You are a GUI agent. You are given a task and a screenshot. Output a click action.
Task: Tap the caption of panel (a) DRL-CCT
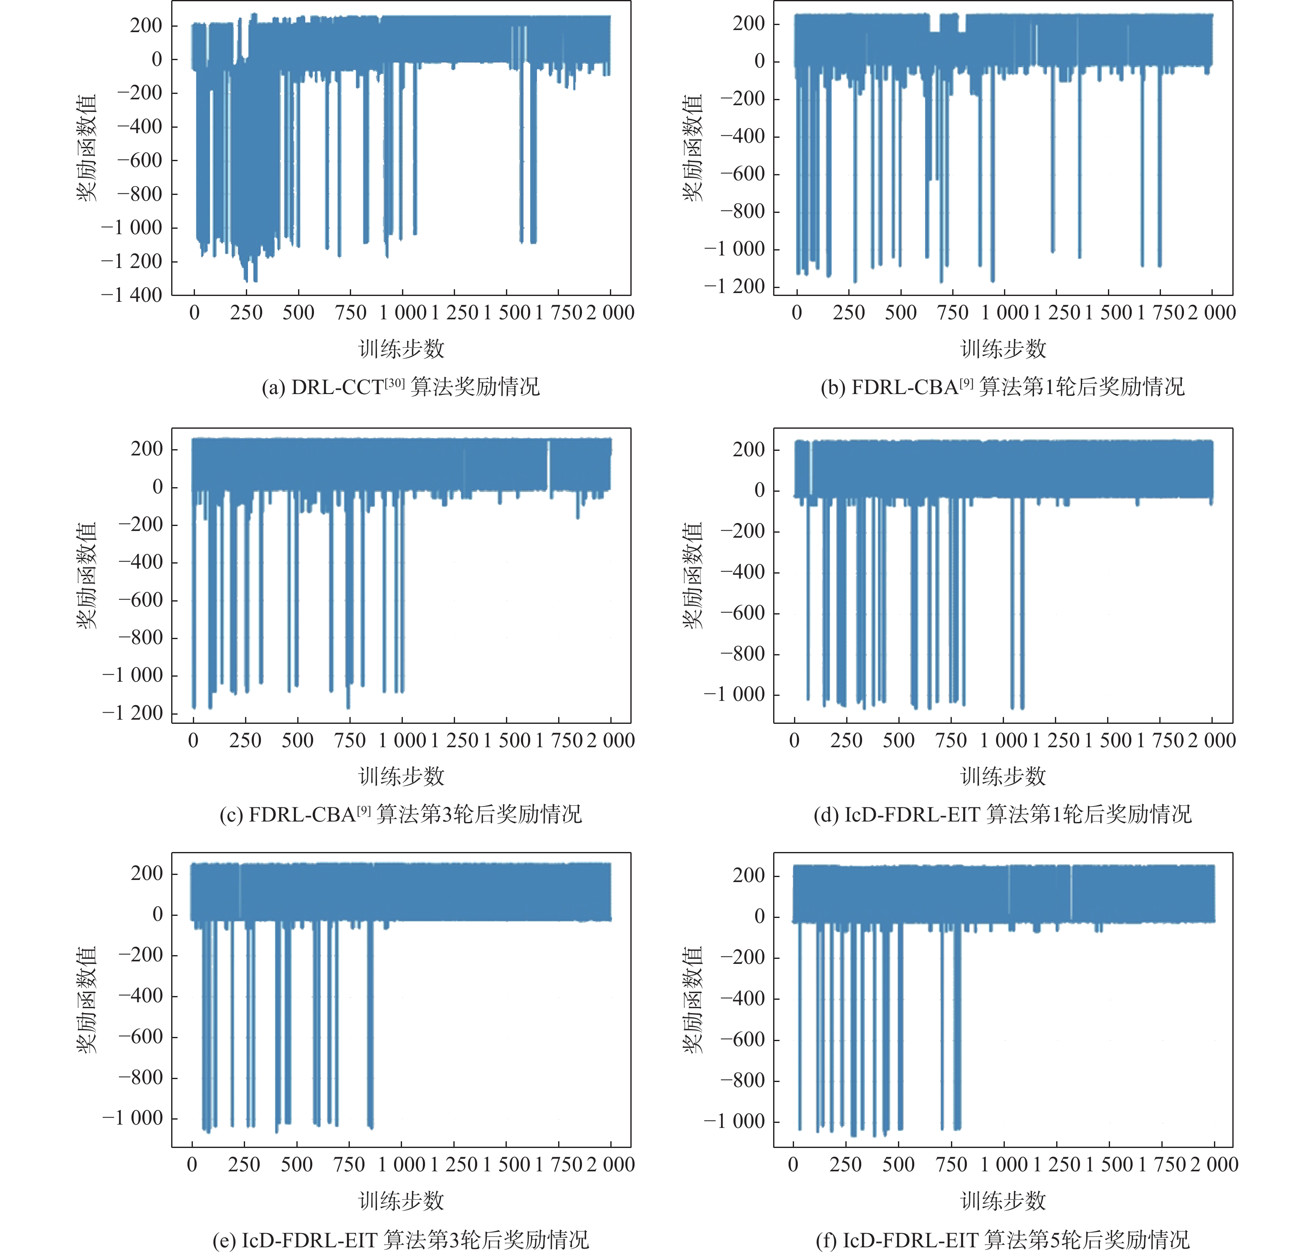[x=400, y=387]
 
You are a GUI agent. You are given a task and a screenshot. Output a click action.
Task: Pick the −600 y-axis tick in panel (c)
[x=140, y=600]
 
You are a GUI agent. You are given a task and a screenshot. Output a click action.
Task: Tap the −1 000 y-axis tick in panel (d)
[x=734, y=695]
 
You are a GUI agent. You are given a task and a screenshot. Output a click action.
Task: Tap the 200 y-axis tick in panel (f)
[x=749, y=876]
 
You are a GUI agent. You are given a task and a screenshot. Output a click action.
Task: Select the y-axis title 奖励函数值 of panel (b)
[x=693, y=148]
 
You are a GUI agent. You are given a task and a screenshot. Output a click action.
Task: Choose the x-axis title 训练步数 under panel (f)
[x=1003, y=1201]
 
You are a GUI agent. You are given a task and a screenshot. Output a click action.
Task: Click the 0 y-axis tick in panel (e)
[x=158, y=915]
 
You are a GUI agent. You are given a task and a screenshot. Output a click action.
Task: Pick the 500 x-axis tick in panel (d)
[x=898, y=741]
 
